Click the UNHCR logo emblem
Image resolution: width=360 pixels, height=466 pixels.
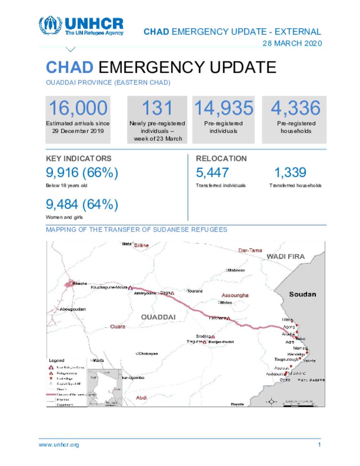[50, 25]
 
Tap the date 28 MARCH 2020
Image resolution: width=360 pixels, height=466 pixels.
[292, 43]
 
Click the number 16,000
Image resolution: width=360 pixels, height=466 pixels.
[78, 108]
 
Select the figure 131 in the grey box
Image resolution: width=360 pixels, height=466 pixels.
[157, 108]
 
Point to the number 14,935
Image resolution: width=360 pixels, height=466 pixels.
[224, 108]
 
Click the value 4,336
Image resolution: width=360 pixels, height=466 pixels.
[295, 108]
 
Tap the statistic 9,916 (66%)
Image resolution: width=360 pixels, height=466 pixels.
[82, 173]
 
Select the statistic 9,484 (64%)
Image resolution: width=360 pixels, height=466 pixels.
[82, 204]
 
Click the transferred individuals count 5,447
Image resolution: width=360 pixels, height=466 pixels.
[212, 173]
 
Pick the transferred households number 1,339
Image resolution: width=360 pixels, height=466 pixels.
[290, 173]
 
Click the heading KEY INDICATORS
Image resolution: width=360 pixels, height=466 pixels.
[78, 159]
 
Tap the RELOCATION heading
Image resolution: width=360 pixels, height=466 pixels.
[221, 159]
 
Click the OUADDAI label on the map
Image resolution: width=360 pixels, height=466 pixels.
[158, 317]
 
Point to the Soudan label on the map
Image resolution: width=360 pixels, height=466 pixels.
[302, 294]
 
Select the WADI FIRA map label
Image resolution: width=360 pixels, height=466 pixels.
[285, 257]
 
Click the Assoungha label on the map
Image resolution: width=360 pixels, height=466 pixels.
[235, 295]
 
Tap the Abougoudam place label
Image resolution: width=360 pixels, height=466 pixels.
[73, 309]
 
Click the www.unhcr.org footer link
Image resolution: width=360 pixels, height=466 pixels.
[59, 445]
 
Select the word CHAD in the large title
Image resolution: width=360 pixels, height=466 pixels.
[70, 68]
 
